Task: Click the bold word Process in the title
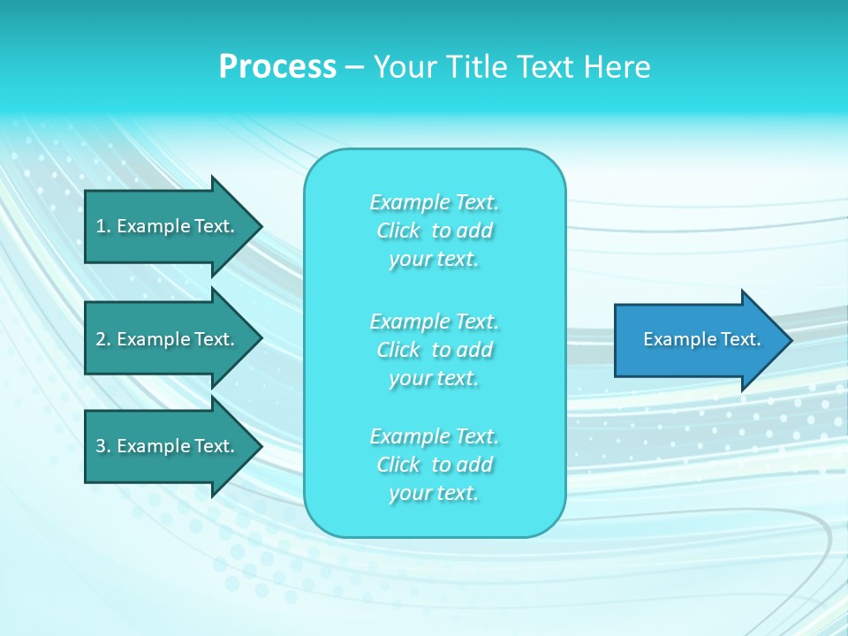click(x=277, y=67)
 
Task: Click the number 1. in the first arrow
click(x=102, y=226)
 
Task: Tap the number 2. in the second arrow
click(x=102, y=339)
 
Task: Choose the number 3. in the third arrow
click(x=102, y=446)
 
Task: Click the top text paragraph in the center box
click(x=435, y=231)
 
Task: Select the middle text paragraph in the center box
click(x=435, y=349)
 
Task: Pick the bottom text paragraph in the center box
click(x=435, y=465)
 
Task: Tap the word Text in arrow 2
click(x=214, y=339)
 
